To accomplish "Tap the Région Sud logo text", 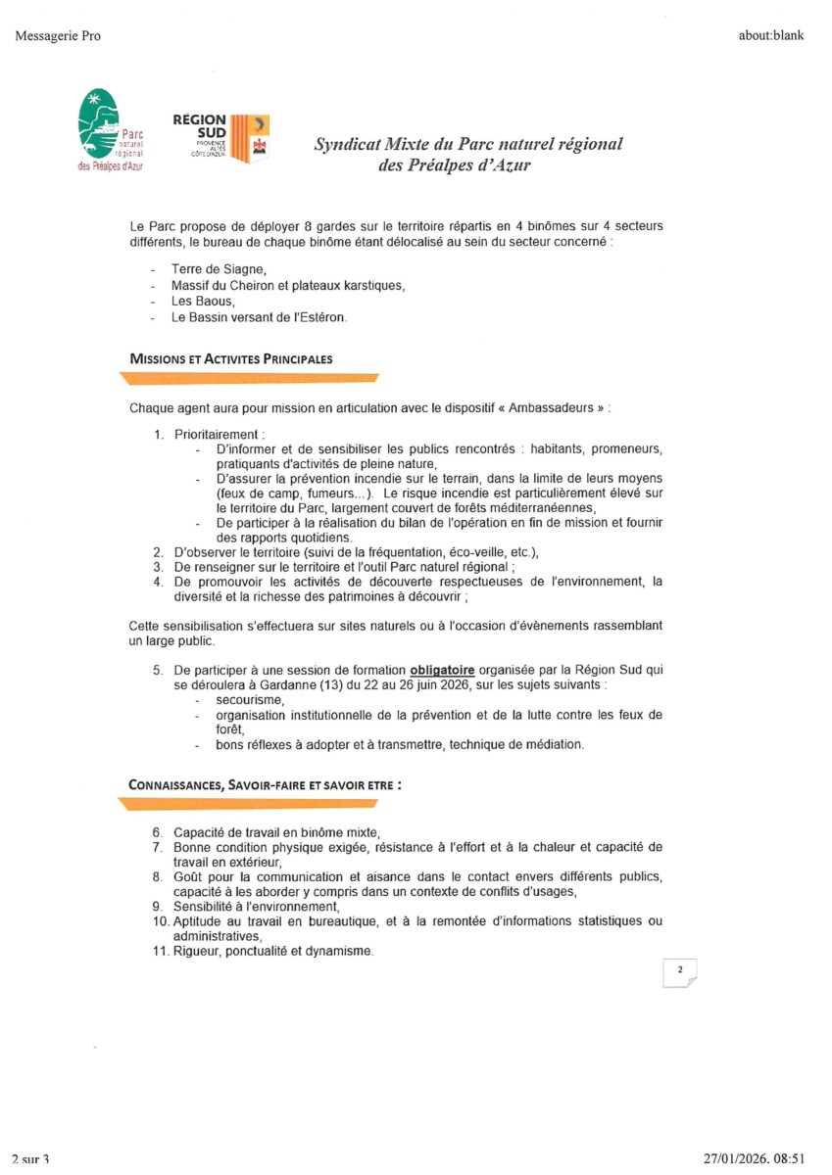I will point(199,124).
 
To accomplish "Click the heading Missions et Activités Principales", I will point(230,359).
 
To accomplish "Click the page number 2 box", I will point(678,970).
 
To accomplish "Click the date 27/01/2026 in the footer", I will point(738,1158).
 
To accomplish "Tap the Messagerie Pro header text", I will point(58,36).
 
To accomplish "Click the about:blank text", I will point(771,36).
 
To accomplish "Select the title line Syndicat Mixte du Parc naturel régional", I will point(467,144).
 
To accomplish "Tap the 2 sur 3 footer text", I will point(30,1159).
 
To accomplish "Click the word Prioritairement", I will point(220,434).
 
